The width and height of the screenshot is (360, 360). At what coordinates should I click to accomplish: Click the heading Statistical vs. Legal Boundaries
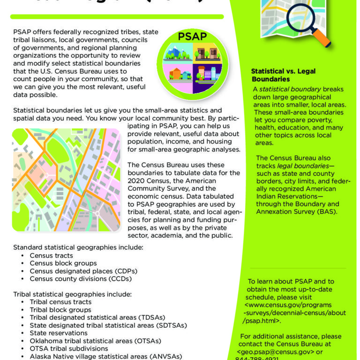click(283, 75)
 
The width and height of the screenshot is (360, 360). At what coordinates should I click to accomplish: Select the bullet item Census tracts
click(51, 255)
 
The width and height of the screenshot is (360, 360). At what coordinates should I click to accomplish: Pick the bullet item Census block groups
click(63, 263)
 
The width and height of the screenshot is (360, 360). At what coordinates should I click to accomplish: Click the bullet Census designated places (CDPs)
click(83, 271)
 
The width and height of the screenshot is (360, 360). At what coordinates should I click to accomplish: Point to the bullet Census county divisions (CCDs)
click(81, 278)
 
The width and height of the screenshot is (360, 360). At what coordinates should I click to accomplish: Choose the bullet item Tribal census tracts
click(60, 302)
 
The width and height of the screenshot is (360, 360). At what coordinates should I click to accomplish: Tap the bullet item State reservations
click(58, 333)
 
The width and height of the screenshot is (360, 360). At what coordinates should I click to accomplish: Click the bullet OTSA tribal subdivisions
click(69, 348)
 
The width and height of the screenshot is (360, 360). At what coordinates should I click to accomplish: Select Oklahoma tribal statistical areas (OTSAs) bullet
click(95, 341)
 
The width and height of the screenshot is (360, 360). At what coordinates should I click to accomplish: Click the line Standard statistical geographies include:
click(78, 247)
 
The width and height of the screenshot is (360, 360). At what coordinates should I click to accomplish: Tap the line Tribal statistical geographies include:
click(72, 294)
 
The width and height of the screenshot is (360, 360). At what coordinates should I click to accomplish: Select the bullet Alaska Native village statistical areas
click(106, 356)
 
